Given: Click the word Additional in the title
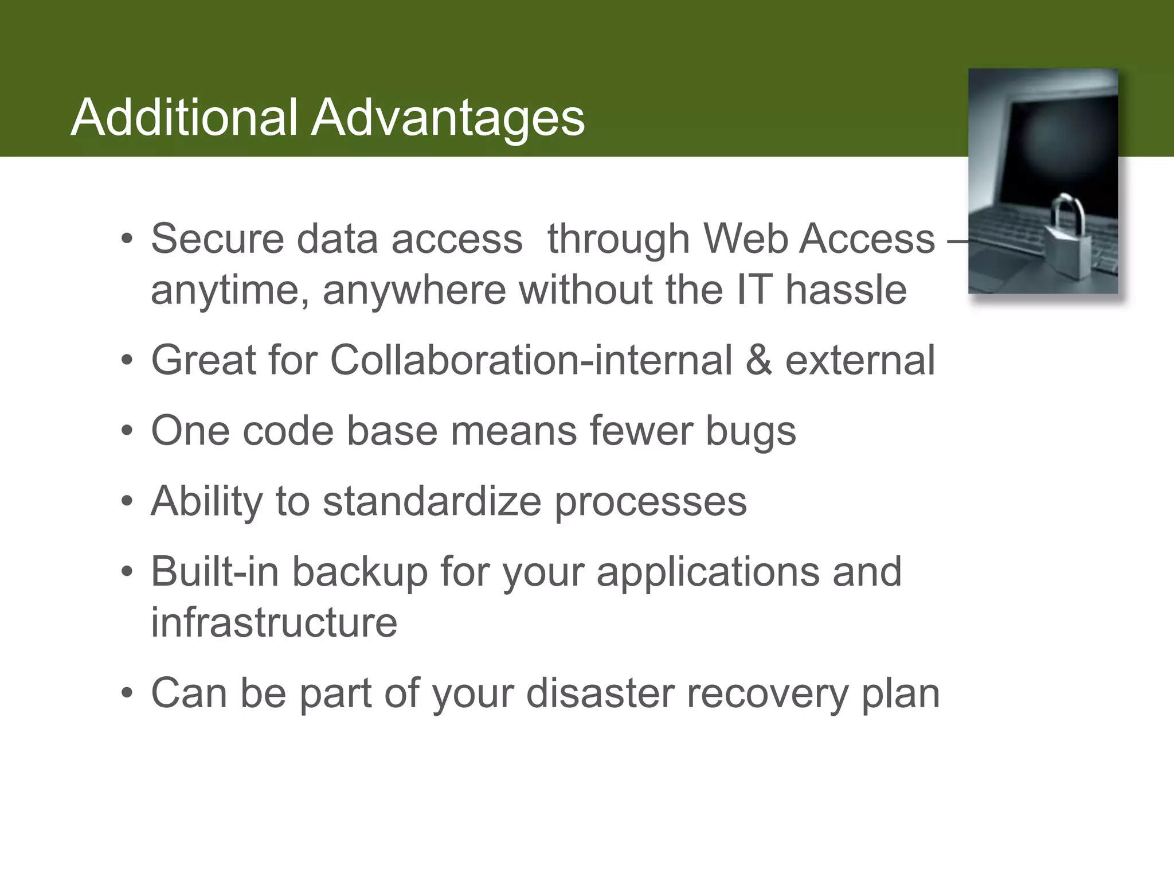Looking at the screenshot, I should point(183,118).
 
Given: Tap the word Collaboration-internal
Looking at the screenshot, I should point(531,360).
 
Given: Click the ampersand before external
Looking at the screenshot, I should point(758,360).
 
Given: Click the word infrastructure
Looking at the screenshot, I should point(274,622).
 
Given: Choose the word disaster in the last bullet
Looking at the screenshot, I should point(599,693).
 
